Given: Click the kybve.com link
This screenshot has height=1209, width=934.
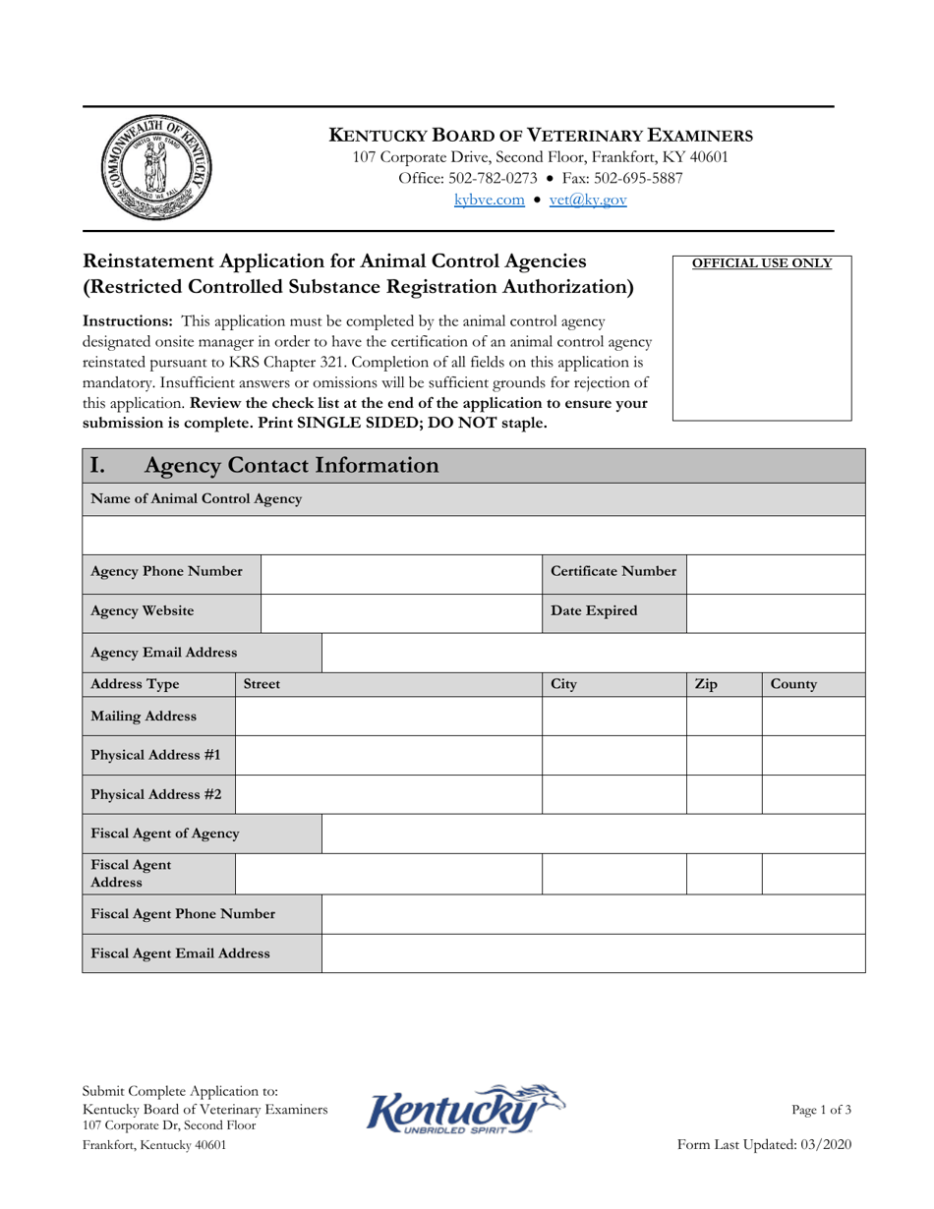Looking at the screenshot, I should coord(489,200).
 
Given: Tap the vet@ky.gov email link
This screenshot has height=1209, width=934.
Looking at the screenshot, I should coord(587,200).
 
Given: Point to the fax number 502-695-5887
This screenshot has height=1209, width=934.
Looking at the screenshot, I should coord(621,178).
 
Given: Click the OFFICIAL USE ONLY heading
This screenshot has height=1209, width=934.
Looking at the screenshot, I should coord(762,263).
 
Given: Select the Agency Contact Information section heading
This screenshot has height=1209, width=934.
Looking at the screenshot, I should coord(290,465).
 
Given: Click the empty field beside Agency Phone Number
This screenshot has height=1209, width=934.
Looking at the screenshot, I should coord(401,573).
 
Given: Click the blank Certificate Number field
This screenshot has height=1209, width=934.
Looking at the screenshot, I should coord(775,573).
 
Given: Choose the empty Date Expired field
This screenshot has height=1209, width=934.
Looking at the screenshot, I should coord(775,612).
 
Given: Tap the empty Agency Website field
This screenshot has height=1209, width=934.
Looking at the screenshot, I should coord(401,612).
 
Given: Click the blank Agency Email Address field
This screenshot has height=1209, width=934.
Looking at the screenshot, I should coord(593,653).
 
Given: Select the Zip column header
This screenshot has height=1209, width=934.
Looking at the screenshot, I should coord(706,684).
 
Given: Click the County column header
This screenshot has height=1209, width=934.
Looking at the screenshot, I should coord(794,684).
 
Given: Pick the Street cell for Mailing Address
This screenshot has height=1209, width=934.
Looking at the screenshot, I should coord(388,717).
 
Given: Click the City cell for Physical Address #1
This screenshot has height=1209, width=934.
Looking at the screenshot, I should coord(613,756).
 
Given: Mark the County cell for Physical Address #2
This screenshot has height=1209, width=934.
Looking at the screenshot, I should coord(813,794).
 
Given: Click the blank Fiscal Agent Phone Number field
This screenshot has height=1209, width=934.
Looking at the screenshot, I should coord(593,914).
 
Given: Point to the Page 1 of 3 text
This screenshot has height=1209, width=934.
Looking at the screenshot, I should coord(821,1110).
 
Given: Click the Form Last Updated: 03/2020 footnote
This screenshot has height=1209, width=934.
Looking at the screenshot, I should coord(765,1144).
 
